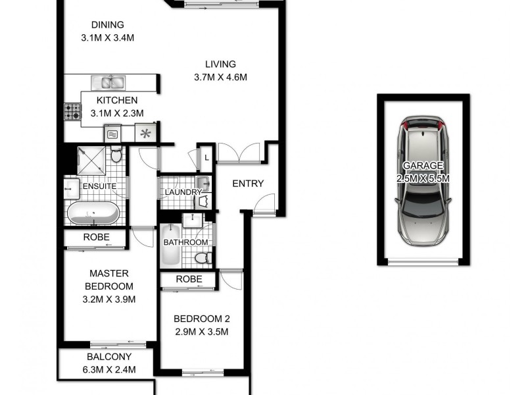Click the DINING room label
point(108,25)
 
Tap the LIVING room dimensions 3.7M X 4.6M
point(220,77)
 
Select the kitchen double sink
point(109,82)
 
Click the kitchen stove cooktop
point(72,112)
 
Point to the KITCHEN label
point(117,101)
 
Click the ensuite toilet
point(116,156)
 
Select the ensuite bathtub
point(93,213)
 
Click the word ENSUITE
point(99,186)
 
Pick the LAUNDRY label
point(183,192)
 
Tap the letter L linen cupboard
point(206,158)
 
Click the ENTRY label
point(248,184)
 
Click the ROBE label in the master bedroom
point(95,238)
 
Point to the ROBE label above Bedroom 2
point(189,280)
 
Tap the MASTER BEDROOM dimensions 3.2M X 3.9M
point(109,300)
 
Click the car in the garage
point(423,185)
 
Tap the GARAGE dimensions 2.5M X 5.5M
point(423,178)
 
